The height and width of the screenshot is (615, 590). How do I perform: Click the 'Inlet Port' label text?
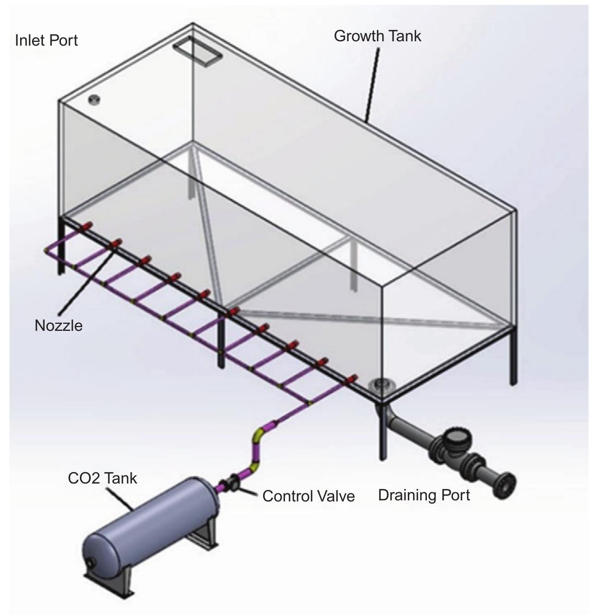46,40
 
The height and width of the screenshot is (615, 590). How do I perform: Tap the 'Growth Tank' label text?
377,36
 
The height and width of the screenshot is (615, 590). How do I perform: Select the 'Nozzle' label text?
59,325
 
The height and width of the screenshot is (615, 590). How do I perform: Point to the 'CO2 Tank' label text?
102,478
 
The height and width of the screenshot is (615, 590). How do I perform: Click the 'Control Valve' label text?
308,496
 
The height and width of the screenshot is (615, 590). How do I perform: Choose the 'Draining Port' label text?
424,495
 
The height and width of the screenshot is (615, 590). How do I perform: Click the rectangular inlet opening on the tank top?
197,52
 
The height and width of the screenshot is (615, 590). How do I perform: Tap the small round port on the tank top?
94,99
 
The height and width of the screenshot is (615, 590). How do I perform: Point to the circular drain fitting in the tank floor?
379,385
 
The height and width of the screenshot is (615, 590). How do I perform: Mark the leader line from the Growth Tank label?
372,84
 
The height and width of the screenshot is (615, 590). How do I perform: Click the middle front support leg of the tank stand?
221,339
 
